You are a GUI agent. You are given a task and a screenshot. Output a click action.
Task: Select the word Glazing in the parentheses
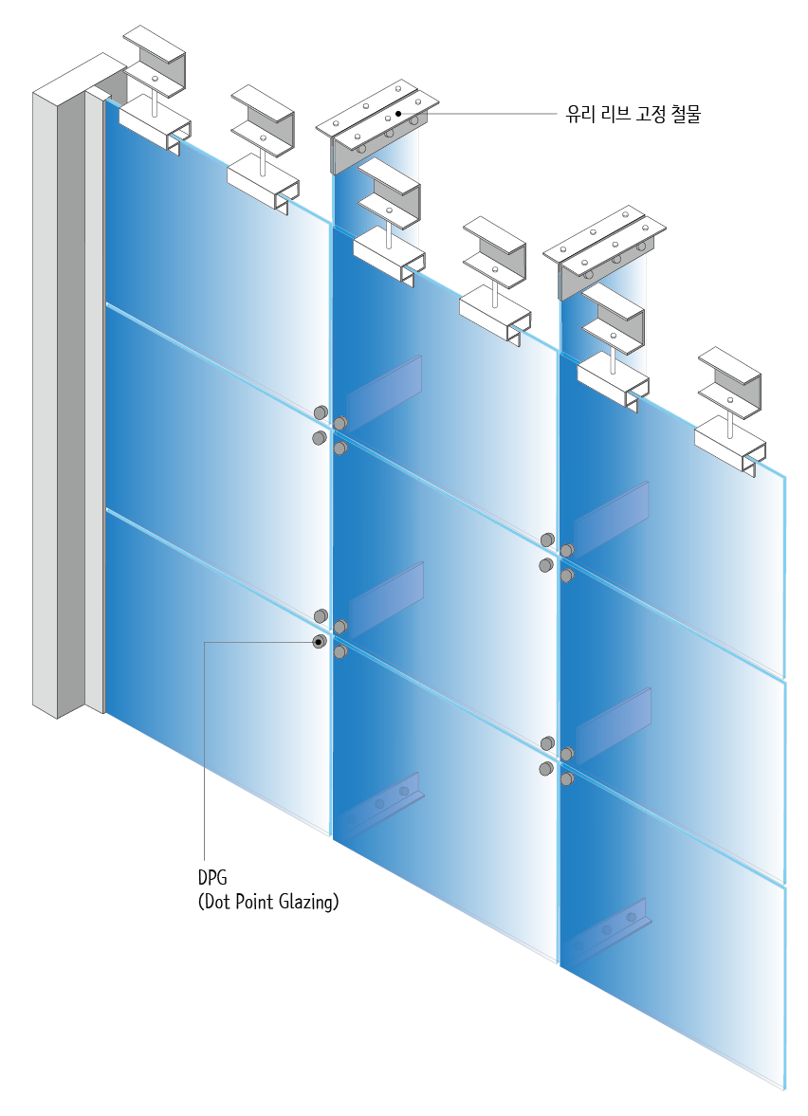305,902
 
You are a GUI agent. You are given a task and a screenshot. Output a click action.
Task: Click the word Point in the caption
253,902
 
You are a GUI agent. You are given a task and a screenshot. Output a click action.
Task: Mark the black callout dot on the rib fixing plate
399,114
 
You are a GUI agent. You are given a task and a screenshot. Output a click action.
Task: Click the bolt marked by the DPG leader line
320,642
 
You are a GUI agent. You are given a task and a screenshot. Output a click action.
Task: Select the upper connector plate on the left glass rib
385,383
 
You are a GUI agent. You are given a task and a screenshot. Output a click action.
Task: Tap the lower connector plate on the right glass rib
614,724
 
